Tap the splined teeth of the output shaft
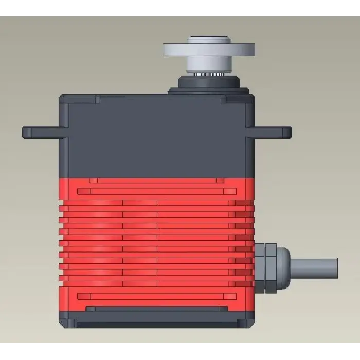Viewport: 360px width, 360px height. point(209,74)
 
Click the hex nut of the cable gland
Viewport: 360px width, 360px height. point(265,268)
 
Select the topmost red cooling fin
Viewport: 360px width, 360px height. point(154,202)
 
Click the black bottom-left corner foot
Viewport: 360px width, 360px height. point(68,323)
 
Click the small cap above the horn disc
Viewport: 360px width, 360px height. point(208,40)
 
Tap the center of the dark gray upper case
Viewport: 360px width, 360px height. point(157,136)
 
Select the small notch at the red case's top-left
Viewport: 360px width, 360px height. point(93,181)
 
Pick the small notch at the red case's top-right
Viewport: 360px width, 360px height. point(220,181)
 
